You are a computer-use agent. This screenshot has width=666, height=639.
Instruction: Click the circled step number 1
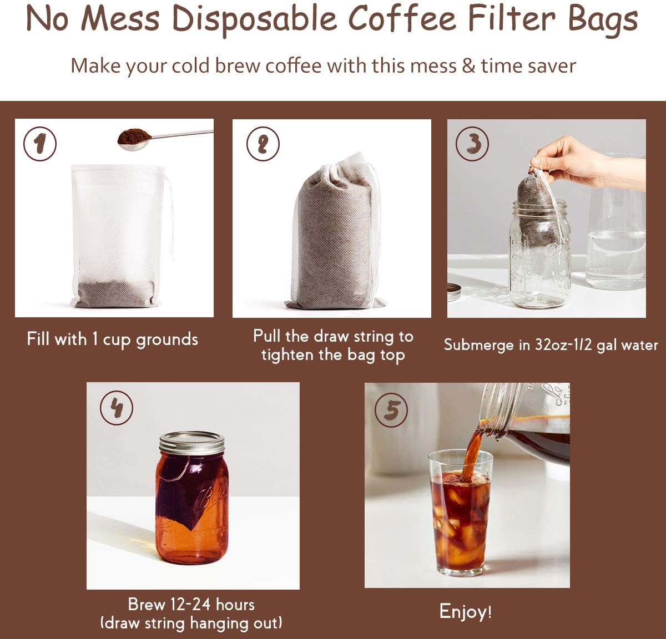pyautogui.click(x=39, y=144)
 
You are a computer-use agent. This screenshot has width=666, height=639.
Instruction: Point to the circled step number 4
pyautogui.click(x=116, y=408)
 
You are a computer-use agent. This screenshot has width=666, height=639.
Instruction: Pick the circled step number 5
pyautogui.click(x=391, y=411)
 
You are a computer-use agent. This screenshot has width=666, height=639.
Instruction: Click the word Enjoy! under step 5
pyautogui.click(x=466, y=611)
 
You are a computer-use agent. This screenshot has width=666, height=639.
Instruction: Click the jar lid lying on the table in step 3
pyautogui.click(x=454, y=291)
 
